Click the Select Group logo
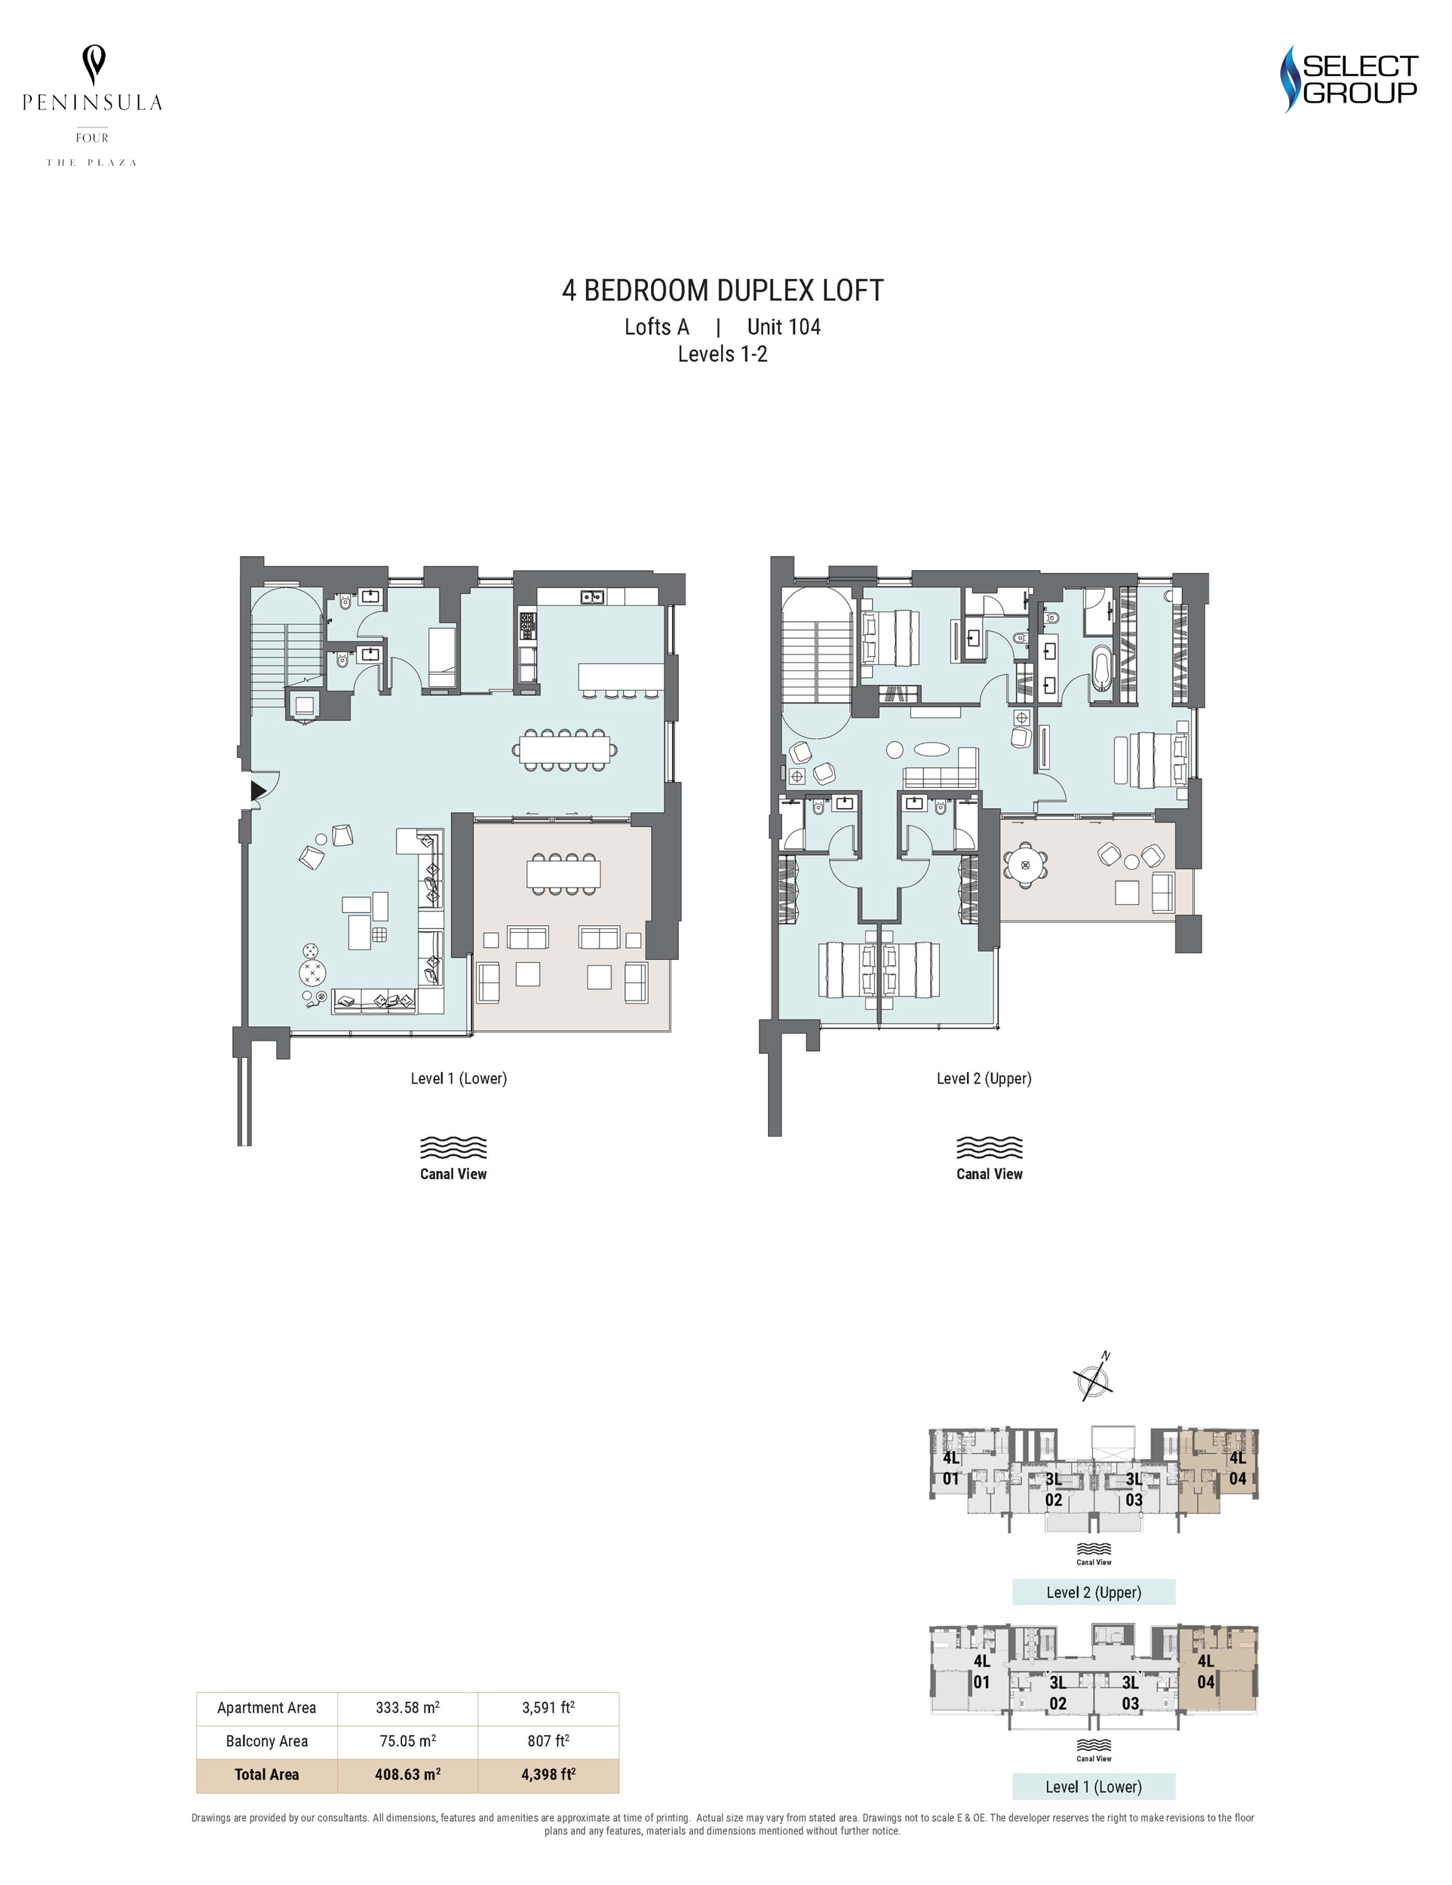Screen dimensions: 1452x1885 click(x=1349, y=79)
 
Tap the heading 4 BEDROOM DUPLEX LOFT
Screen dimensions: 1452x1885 click(x=723, y=291)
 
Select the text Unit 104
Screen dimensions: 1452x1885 click(x=784, y=327)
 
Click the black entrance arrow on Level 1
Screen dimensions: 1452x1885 click(x=258, y=789)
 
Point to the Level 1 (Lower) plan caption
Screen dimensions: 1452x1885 click(x=459, y=1078)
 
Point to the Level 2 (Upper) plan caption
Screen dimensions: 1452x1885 click(x=984, y=1078)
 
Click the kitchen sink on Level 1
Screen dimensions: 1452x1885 click(x=591, y=596)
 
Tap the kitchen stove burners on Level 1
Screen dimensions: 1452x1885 click(x=526, y=626)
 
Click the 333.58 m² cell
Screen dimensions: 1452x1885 click(x=407, y=1707)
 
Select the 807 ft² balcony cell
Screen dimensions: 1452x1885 click(x=548, y=1741)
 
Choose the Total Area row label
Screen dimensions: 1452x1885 click(x=267, y=1774)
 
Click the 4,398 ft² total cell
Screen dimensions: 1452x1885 click(x=548, y=1774)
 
